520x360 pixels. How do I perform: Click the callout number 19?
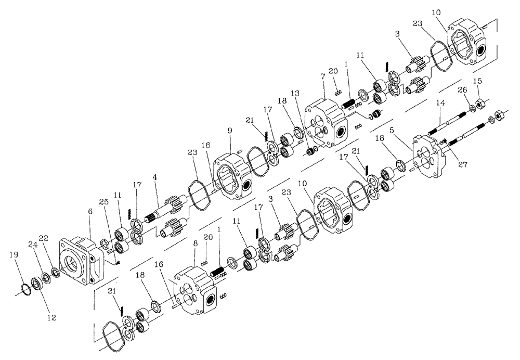[14, 255]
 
